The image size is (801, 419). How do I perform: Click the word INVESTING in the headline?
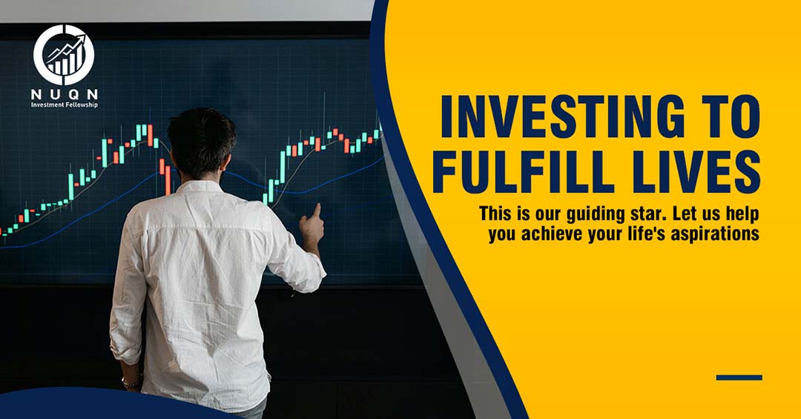pyautogui.click(x=562, y=117)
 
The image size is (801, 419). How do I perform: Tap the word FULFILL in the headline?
pyautogui.click(x=524, y=172)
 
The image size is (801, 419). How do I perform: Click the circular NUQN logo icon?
pyautogui.click(x=64, y=55)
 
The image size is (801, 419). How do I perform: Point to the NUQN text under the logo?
pyautogui.click(x=65, y=94)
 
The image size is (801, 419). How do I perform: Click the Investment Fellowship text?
pyautogui.click(x=65, y=105)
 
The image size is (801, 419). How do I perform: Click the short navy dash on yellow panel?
pyautogui.click(x=739, y=377)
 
